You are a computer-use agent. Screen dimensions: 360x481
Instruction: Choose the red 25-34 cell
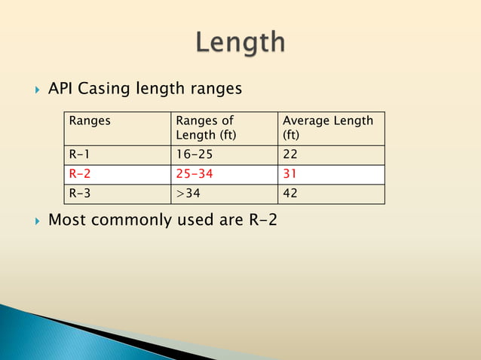pyautogui.click(x=194, y=174)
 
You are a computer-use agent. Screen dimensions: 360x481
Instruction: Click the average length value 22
pyautogui.click(x=290, y=154)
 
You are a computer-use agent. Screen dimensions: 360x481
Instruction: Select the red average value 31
pyautogui.click(x=290, y=174)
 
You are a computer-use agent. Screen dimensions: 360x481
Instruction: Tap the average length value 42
pyautogui.click(x=290, y=194)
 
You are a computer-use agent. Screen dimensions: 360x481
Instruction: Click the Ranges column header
pyautogui.click(x=89, y=121)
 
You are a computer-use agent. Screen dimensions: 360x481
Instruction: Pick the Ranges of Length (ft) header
pyautogui.click(x=205, y=127)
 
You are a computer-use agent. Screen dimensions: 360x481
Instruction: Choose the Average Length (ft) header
pyautogui.click(x=327, y=127)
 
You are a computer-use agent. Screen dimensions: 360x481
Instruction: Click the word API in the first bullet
pyautogui.click(x=60, y=89)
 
